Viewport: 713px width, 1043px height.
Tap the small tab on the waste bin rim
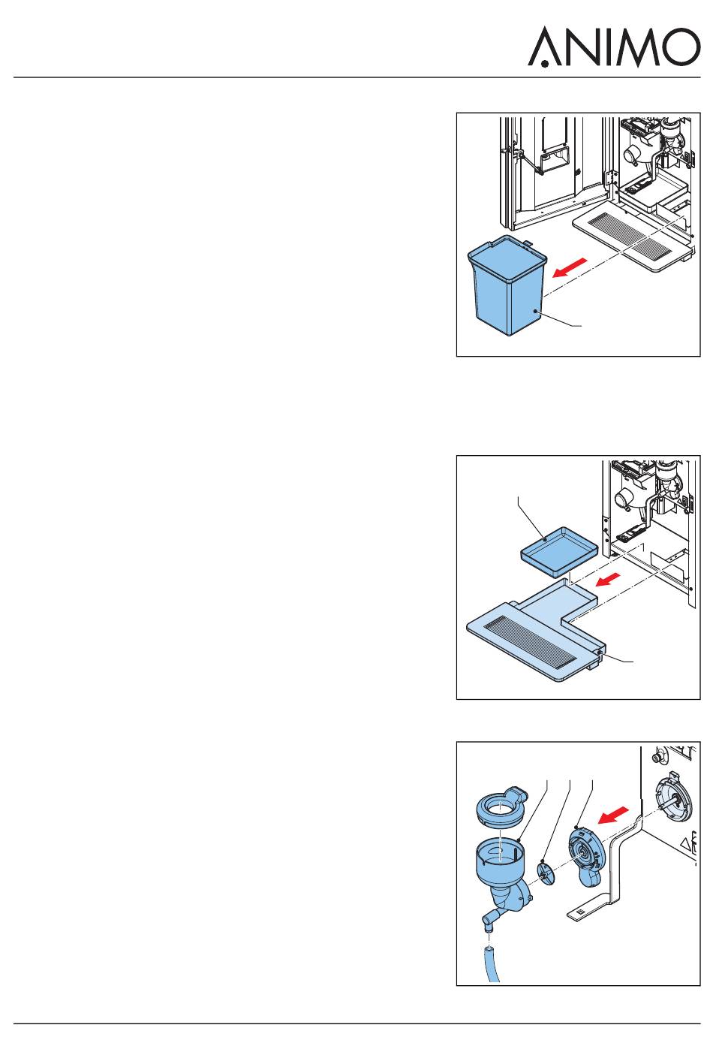tap(528, 243)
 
